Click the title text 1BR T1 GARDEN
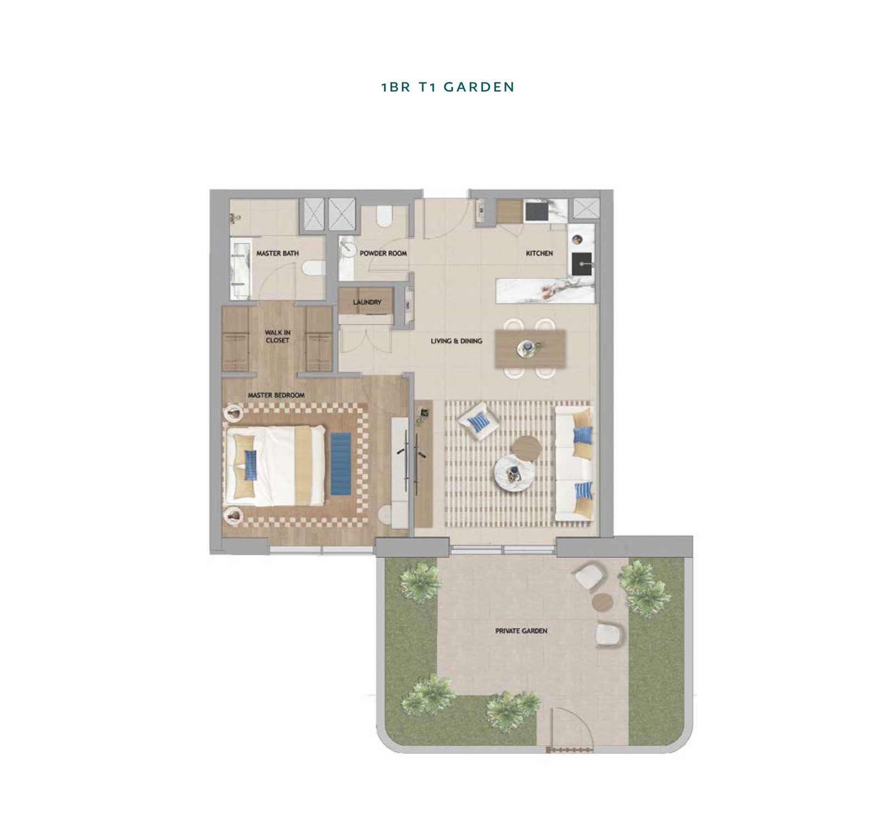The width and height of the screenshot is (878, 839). (448, 87)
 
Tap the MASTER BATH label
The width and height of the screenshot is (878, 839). (278, 254)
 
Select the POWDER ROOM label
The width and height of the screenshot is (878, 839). (384, 254)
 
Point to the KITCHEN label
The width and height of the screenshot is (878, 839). (539, 254)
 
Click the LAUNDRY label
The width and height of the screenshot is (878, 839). (367, 302)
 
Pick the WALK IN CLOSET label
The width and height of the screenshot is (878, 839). (278, 336)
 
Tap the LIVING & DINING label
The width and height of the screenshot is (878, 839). (457, 341)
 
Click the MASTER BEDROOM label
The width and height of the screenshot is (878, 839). (276, 395)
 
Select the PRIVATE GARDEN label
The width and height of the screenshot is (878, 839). (521, 631)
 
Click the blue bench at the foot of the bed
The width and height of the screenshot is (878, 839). (341, 463)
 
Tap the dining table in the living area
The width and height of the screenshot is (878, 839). (530, 348)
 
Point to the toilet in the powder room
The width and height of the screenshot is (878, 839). (384, 216)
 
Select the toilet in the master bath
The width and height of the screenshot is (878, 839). (313, 268)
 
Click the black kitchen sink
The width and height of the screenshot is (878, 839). (583, 264)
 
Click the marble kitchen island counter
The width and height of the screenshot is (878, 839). (545, 290)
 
